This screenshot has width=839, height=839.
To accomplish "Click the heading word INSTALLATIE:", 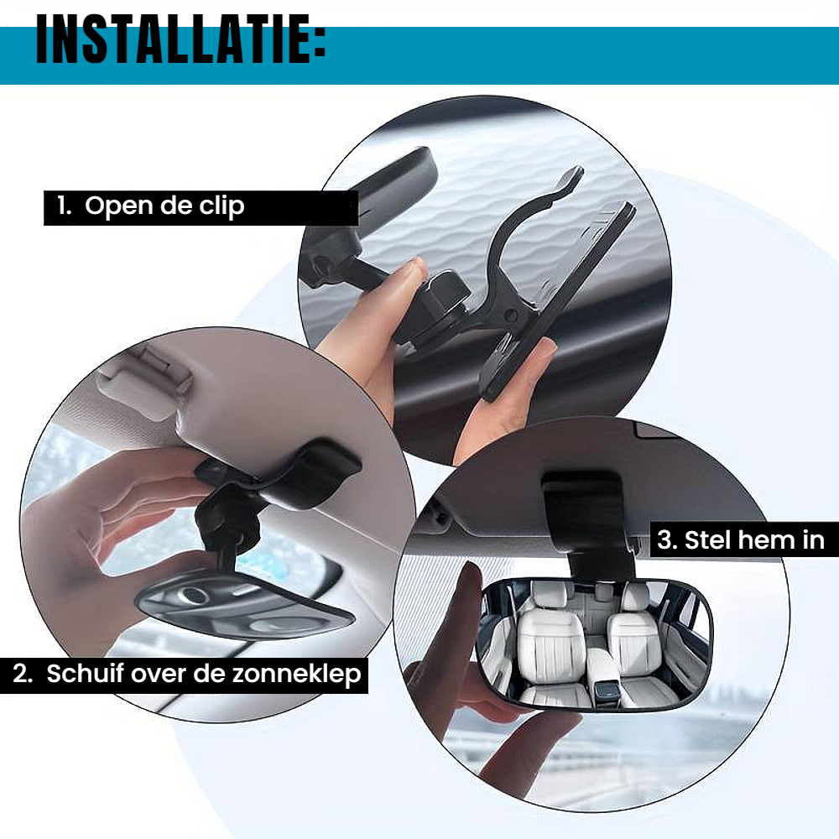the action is pyautogui.click(x=181, y=39).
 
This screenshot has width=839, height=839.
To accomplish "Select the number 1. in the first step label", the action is pyautogui.click(x=65, y=206).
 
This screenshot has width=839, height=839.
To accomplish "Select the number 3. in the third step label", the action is pyautogui.click(x=668, y=540).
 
